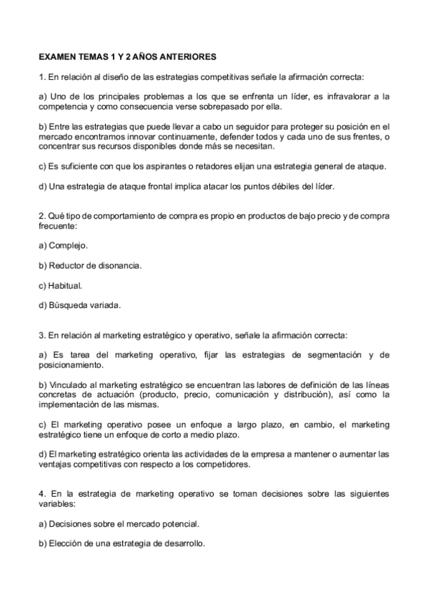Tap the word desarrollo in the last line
(184, 542)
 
